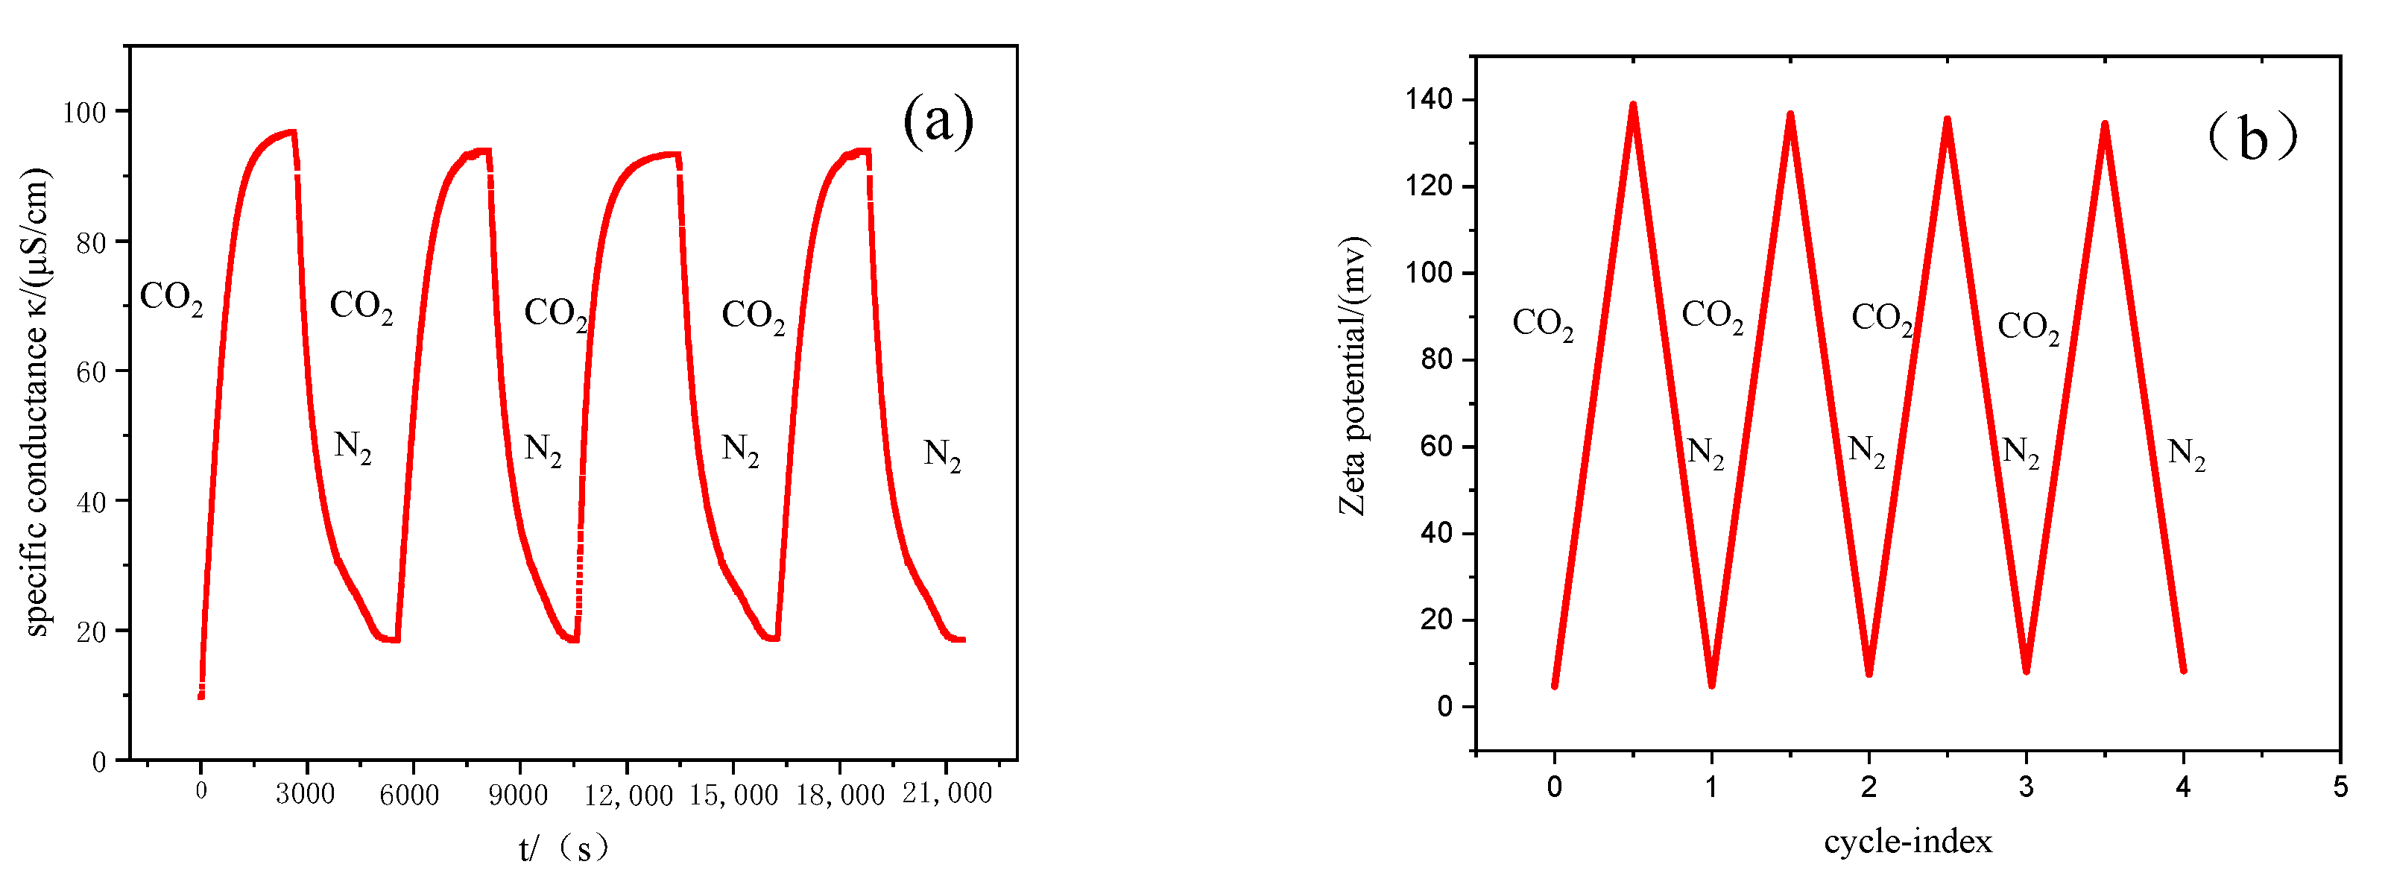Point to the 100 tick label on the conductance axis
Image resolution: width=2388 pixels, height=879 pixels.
click(x=84, y=112)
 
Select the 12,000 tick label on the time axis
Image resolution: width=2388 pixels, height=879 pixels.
click(x=628, y=795)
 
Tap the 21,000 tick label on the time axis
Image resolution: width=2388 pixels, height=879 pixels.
click(x=947, y=793)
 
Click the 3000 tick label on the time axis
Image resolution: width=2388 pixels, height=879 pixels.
click(x=305, y=794)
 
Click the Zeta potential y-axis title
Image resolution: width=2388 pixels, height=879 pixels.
click(x=1353, y=376)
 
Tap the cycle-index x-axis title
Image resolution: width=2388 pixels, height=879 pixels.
click(x=1908, y=841)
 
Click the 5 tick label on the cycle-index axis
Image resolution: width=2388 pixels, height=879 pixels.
click(x=2340, y=787)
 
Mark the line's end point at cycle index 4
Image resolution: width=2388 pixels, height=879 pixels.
click(x=2183, y=670)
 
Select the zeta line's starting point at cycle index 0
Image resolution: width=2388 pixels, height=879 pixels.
click(x=1555, y=685)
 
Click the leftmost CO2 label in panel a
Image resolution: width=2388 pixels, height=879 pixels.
click(x=171, y=297)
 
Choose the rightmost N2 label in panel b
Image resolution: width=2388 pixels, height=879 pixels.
click(x=2186, y=453)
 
